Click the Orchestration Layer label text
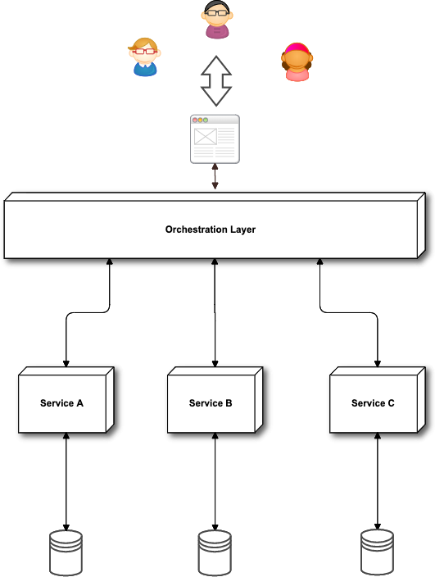211,229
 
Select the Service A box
66,400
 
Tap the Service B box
215,400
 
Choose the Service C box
378,400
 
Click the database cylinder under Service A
66,552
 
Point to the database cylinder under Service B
215,552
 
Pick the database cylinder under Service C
378,552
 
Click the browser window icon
215,139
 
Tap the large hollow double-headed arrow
216,81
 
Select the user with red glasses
145,57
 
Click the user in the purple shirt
217,20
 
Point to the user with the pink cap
297,61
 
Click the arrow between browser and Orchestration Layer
215,177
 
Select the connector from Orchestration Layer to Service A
88,312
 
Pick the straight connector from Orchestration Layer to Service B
215,313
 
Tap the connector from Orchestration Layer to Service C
349,312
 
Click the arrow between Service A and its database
66,482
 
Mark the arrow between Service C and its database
378,481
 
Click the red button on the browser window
195,120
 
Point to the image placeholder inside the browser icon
205,137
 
